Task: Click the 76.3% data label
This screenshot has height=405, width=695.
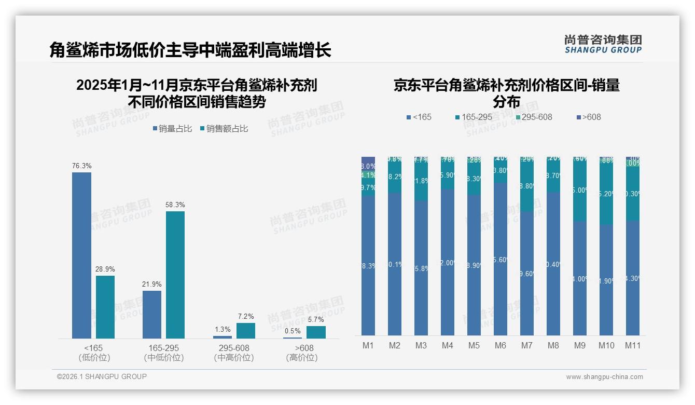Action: [81, 166]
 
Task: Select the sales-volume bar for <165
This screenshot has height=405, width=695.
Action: [81, 255]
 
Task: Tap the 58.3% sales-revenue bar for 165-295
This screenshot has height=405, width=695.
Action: [175, 275]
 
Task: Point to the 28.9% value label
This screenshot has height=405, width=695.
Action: [105, 269]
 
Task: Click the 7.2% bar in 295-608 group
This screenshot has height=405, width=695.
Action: [246, 331]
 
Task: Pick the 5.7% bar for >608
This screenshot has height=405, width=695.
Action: [316, 332]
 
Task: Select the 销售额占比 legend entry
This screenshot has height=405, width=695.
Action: [224, 129]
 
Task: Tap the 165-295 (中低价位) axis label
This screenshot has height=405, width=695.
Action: [164, 353]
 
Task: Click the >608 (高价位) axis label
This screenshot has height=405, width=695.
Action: [302, 353]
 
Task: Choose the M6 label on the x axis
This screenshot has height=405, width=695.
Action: [501, 346]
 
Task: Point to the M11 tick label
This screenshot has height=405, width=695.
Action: [633, 346]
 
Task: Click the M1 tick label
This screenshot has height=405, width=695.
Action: [368, 346]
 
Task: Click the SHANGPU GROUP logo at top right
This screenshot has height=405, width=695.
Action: [603, 44]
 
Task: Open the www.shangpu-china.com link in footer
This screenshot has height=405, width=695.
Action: [604, 377]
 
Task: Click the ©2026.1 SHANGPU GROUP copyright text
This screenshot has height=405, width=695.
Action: [102, 376]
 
